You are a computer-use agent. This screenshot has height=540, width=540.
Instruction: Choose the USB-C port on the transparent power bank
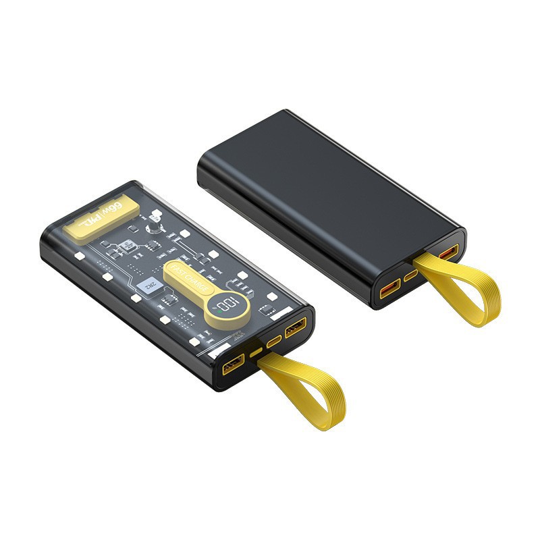[273, 341]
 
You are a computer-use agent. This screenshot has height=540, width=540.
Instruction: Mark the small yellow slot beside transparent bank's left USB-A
[256, 352]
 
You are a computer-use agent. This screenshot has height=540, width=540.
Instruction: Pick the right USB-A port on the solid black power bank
[448, 252]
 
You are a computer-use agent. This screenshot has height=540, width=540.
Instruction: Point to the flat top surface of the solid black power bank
[324, 175]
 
